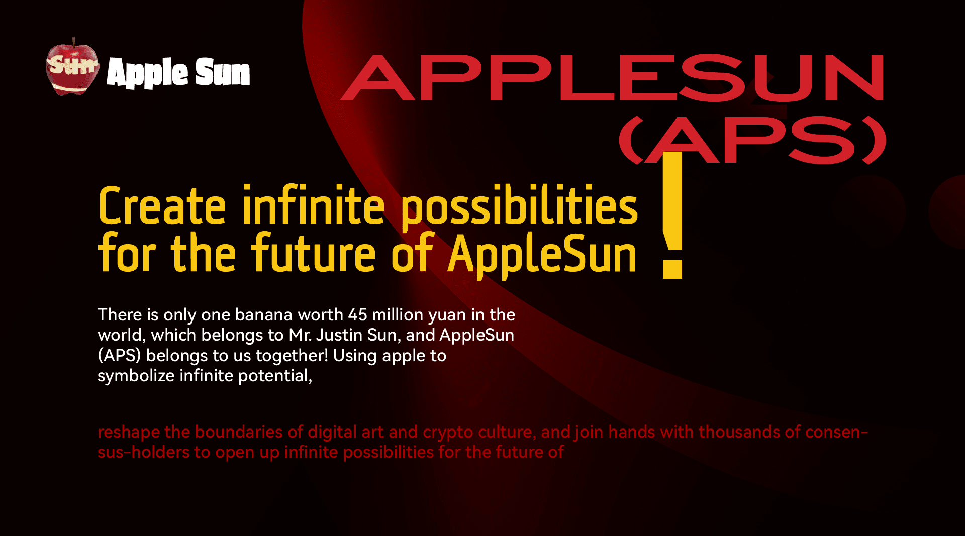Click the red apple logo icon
click(x=73, y=66)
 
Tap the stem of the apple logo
click(x=74, y=41)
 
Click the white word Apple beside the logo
click(x=147, y=73)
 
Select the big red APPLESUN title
click(x=612, y=78)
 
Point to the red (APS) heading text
click(x=752, y=140)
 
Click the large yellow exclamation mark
click(x=672, y=215)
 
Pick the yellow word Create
click(x=162, y=206)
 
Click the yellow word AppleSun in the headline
click(x=542, y=255)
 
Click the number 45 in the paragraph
click(x=358, y=315)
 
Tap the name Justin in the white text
click(x=340, y=335)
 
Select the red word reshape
click(x=129, y=433)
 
